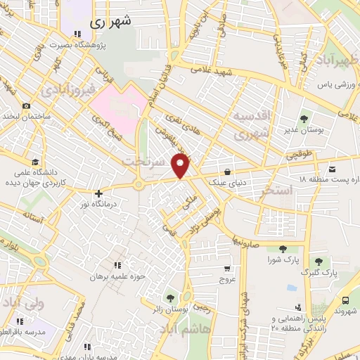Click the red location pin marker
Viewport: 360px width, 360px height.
tap(181, 166)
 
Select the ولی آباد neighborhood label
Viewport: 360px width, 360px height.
tap(22, 304)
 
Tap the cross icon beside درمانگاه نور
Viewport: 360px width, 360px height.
tap(98, 193)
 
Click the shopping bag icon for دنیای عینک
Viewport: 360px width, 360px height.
tap(227, 172)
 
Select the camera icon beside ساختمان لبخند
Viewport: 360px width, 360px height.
tap(26, 106)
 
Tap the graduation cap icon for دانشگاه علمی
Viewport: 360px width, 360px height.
tap(35, 161)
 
